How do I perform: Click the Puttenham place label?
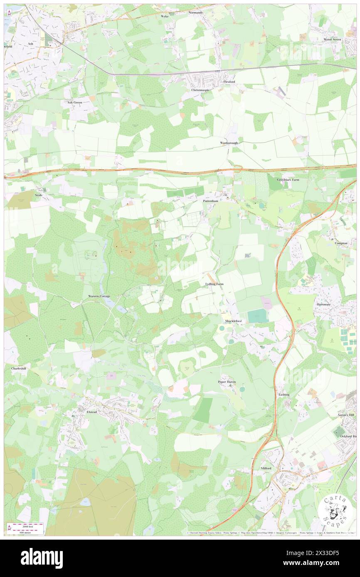(x=210, y=200)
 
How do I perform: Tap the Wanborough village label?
(x=229, y=143)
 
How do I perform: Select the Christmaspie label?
(x=201, y=90)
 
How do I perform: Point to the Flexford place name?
(x=229, y=82)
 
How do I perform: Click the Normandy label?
(x=195, y=12)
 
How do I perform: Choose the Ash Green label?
(x=75, y=102)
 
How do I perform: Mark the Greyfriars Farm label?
(x=288, y=180)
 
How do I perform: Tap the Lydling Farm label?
(x=214, y=284)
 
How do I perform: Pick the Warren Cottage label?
(x=99, y=296)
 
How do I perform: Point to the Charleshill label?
(x=19, y=368)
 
